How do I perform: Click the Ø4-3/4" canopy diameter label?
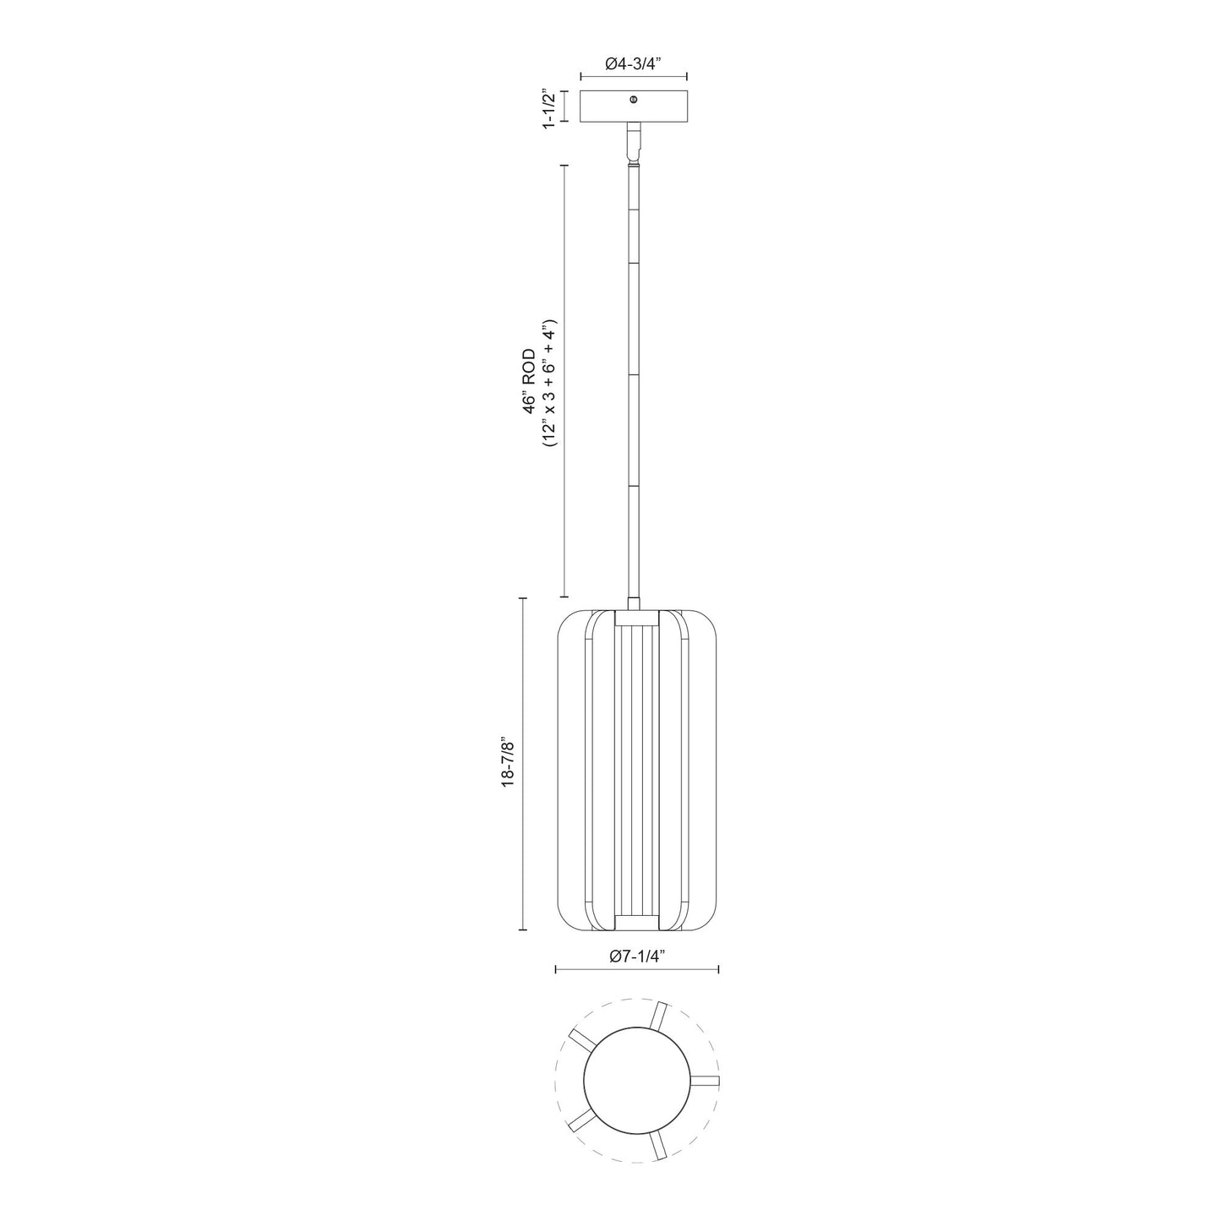[x=634, y=63]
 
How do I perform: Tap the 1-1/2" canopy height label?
[x=550, y=107]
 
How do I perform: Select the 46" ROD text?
[x=530, y=381]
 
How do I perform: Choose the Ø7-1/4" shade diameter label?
[x=637, y=956]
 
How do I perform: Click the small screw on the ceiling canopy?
[x=634, y=101]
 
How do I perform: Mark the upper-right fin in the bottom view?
[x=657, y=1017]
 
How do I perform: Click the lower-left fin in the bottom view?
[x=581, y=1121]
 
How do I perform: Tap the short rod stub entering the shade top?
[x=634, y=602]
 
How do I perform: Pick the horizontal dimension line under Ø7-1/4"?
[x=637, y=970]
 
